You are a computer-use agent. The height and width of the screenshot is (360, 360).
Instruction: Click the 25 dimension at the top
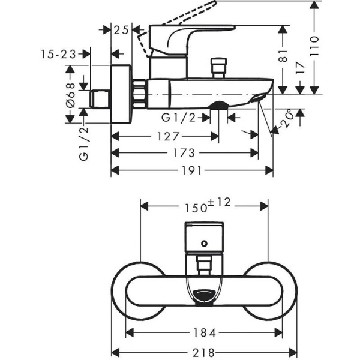click(x=122, y=30)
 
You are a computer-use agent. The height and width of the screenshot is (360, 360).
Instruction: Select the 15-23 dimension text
click(x=58, y=54)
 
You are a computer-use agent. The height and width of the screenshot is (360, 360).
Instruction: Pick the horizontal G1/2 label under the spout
click(x=179, y=117)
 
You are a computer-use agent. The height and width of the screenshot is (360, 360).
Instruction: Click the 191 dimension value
click(x=192, y=171)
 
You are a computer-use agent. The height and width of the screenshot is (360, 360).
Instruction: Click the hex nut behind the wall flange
click(x=140, y=94)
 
